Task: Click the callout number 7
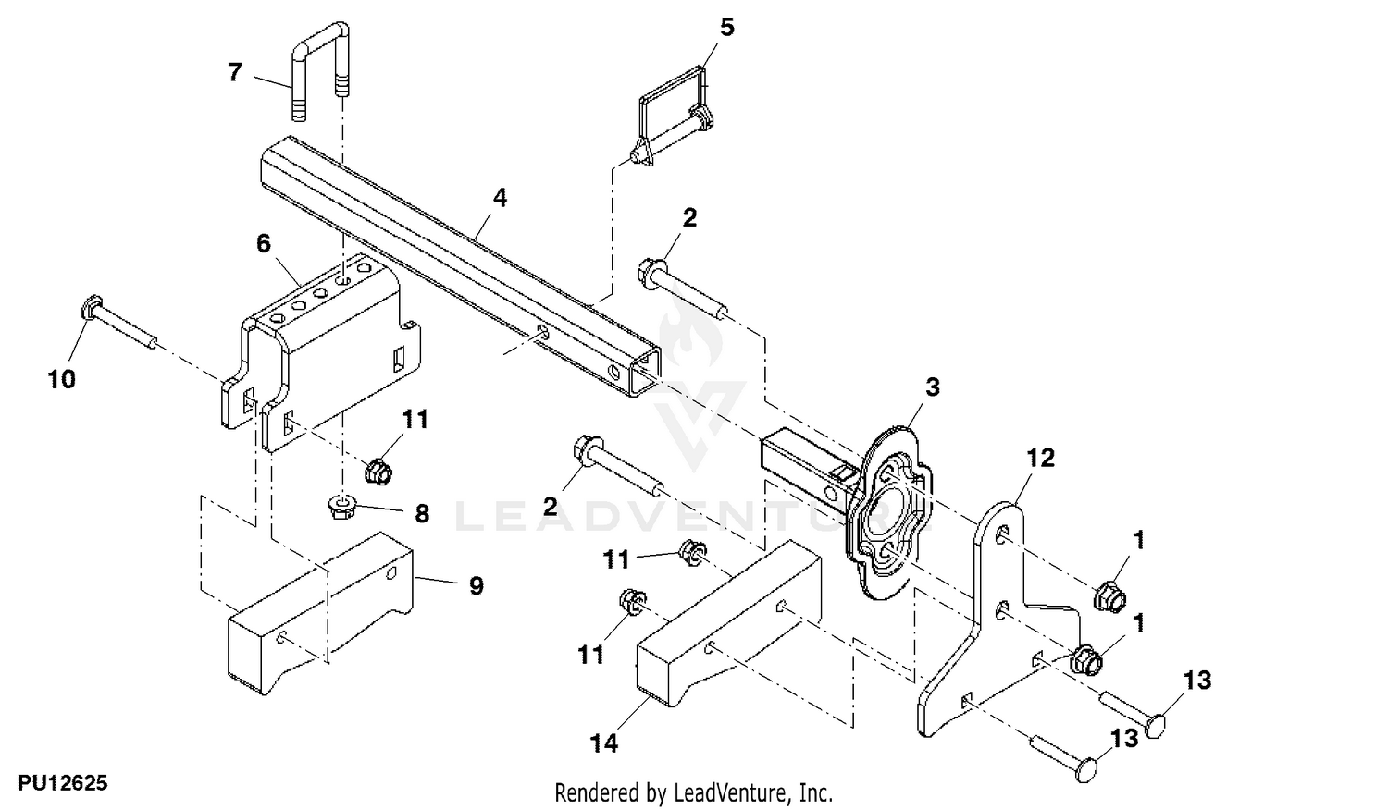pyautogui.click(x=234, y=72)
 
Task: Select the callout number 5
pyautogui.click(x=726, y=27)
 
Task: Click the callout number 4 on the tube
pyautogui.click(x=500, y=198)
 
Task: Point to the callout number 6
pyautogui.click(x=264, y=244)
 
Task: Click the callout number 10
pyautogui.click(x=62, y=379)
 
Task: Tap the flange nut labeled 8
pyautogui.click(x=341, y=507)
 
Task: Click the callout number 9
pyautogui.click(x=476, y=585)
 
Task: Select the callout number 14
pyautogui.click(x=604, y=743)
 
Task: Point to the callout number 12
pyautogui.click(x=1040, y=459)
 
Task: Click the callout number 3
pyautogui.click(x=933, y=387)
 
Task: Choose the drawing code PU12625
pyautogui.click(x=63, y=783)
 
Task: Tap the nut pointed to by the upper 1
pyautogui.click(x=1109, y=595)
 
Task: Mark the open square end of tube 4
pyautogui.click(x=645, y=372)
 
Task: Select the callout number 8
pyautogui.click(x=422, y=513)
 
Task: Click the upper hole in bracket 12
pyautogui.click(x=1002, y=534)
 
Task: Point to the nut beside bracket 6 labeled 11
pyautogui.click(x=378, y=472)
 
